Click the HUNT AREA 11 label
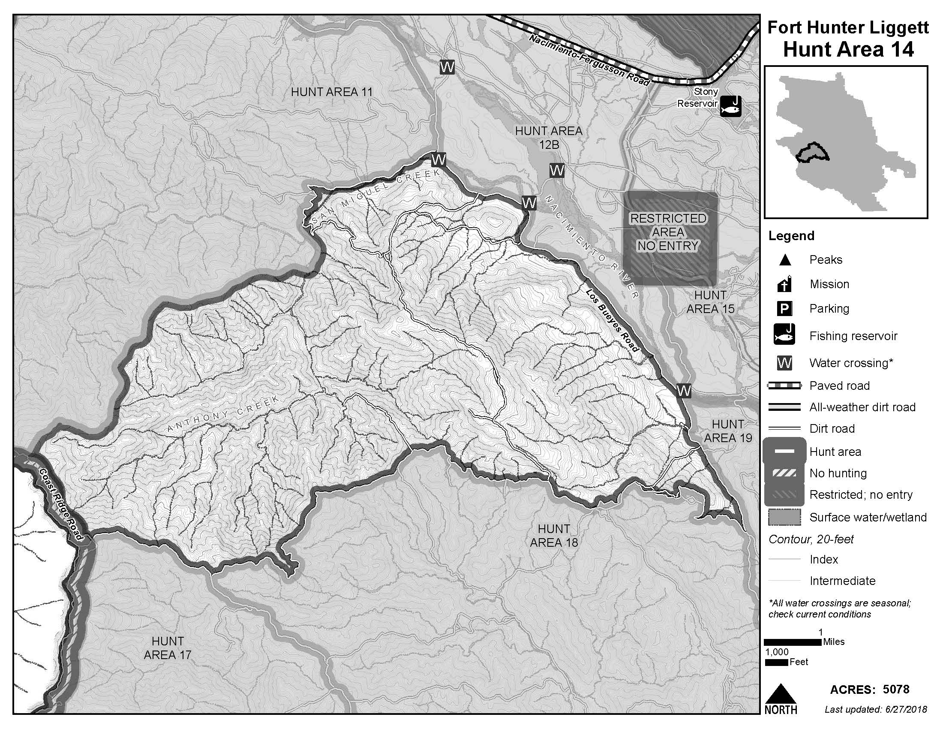click(331, 92)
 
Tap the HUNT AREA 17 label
click(168, 648)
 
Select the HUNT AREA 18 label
click(553, 536)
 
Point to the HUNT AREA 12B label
click(548, 137)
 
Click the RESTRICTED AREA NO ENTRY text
click(668, 232)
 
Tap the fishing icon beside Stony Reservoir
click(730, 106)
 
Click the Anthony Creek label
click(223, 415)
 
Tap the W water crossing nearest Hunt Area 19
click(684, 390)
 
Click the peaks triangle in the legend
click(784, 260)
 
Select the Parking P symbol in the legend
click(784, 309)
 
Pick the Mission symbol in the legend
click(784, 284)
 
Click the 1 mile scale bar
click(792, 642)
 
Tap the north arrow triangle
click(781, 694)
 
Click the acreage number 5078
click(896, 689)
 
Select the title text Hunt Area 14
click(848, 49)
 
